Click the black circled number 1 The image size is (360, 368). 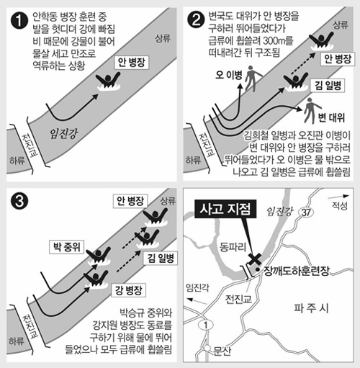[19, 21]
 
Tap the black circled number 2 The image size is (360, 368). [196, 20]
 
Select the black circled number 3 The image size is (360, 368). [19, 201]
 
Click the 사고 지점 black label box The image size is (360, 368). [225, 209]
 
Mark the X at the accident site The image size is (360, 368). [255, 259]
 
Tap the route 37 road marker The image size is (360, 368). [306, 212]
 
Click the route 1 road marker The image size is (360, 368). [206, 326]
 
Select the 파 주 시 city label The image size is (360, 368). [311, 308]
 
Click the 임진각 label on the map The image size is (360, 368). [197, 287]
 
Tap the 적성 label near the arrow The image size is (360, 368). [340, 206]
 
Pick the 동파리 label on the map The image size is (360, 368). [233, 247]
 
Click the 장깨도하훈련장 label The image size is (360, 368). [297, 271]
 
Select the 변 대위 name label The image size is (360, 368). [331, 117]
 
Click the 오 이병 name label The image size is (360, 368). [229, 76]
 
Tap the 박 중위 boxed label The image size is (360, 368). [67, 247]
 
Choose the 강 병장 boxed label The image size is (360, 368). [128, 290]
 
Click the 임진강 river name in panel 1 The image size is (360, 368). [64, 133]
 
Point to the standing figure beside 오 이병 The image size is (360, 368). [252, 78]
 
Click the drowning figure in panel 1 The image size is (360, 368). [108, 81]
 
